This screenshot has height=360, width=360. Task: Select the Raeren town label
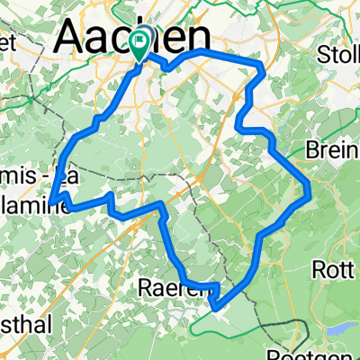pos(176,288)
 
